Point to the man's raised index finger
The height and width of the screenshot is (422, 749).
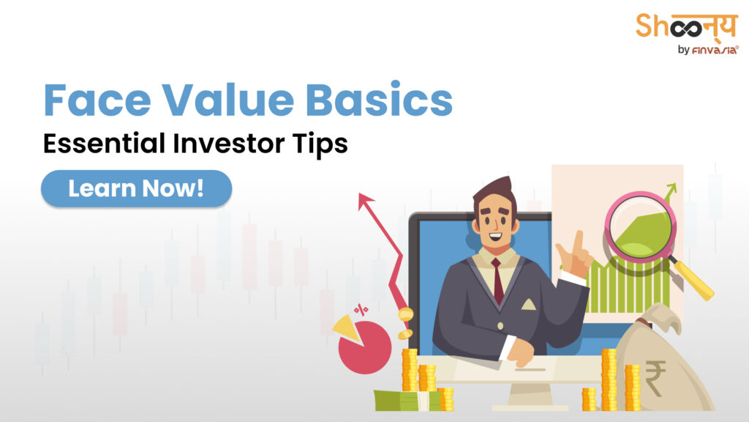579,241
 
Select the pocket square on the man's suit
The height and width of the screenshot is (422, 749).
528,303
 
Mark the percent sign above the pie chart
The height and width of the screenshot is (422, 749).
361,310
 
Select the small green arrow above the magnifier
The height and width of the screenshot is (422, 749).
669,193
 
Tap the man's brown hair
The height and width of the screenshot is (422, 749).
492,190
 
